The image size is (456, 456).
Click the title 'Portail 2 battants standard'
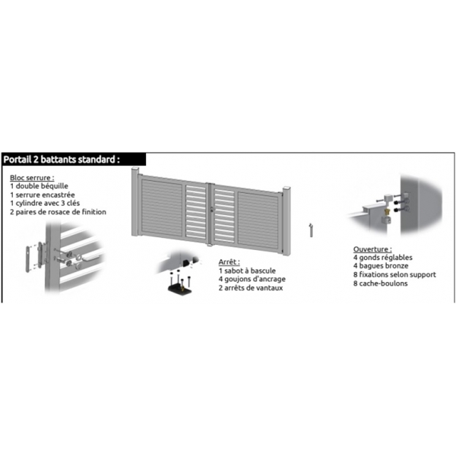coord(62,160)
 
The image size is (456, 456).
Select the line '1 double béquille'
coord(40,186)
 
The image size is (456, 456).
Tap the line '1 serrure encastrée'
coord(43,195)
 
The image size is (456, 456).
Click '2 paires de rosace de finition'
coord(59,212)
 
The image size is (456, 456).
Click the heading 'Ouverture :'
coord(372,249)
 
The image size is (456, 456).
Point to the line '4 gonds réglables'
coord(382,258)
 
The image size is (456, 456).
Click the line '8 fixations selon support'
coord(392,275)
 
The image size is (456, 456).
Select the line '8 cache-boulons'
coord(381,283)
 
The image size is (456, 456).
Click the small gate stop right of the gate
coord(310,230)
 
